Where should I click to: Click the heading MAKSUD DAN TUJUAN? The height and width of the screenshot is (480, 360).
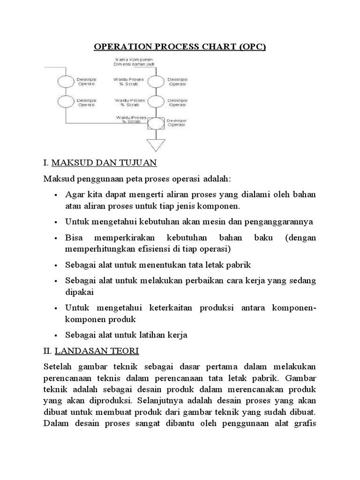point(104,164)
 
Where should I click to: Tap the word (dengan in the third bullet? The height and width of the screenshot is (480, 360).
point(300,238)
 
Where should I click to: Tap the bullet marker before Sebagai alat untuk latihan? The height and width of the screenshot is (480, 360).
point(55,336)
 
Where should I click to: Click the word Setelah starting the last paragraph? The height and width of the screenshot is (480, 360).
point(58,366)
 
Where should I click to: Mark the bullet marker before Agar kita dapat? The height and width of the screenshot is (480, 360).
point(55,195)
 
